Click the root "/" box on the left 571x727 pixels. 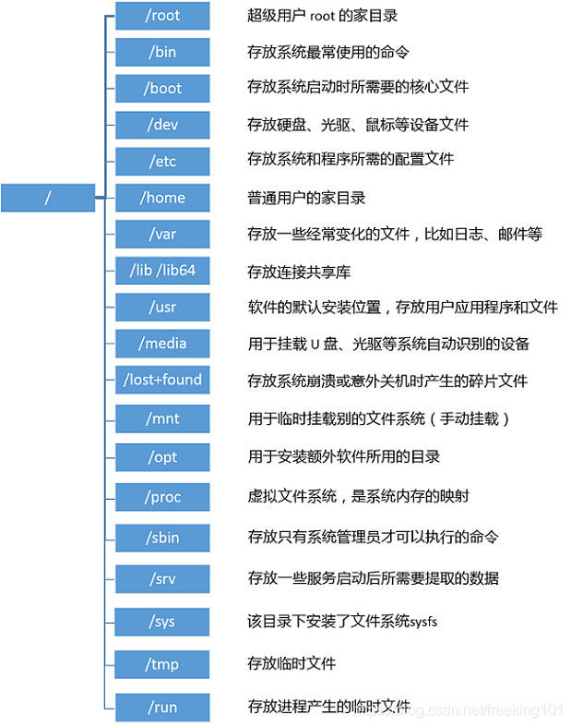(48, 198)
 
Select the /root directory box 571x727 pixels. (162, 16)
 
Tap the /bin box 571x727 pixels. (162, 52)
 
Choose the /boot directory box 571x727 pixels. (162, 89)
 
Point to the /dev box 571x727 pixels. (162, 125)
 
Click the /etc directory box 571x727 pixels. (162, 161)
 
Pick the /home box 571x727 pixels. (162, 198)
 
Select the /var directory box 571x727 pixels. (162, 234)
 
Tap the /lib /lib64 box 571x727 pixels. (162, 271)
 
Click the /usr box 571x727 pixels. (162, 307)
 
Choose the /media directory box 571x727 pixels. (162, 344)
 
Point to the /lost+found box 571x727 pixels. (162, 380)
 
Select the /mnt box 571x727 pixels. (162, 418)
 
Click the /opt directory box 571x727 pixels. (162, 456)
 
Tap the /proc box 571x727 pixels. (162, 497)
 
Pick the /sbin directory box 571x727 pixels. (162, 537)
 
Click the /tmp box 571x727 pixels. (162, 663)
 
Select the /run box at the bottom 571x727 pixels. (162, 708)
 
